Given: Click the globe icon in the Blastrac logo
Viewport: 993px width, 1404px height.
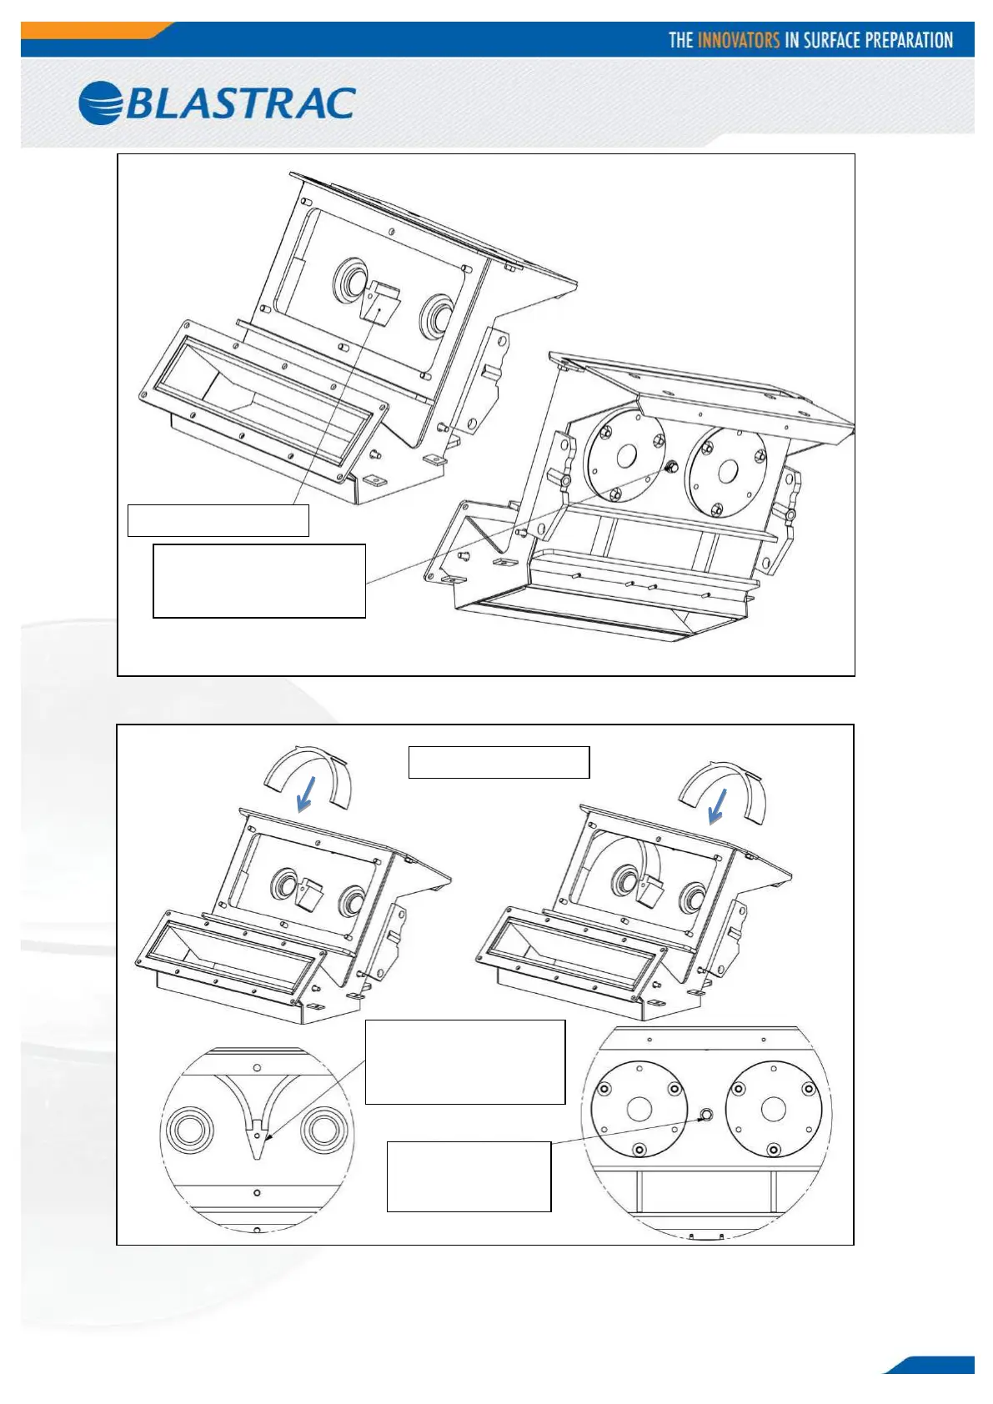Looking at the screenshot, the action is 101,103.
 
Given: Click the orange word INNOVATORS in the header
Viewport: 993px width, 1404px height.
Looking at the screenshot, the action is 738,40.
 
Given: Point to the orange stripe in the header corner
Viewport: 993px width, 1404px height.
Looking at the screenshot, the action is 92,30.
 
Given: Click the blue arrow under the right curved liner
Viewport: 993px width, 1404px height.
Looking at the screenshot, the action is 716,806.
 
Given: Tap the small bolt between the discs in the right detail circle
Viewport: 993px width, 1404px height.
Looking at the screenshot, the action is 706,1115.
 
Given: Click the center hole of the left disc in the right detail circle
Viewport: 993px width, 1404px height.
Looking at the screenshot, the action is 639,1109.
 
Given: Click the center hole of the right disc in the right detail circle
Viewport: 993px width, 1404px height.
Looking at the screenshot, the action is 773,1109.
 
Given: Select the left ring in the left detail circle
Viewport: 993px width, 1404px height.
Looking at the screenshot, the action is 189,1131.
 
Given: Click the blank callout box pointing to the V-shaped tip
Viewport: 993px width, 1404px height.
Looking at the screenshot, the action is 464,1061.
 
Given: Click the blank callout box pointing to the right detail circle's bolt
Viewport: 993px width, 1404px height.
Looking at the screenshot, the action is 469,1176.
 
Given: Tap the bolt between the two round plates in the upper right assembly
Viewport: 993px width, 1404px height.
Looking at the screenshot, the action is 670,469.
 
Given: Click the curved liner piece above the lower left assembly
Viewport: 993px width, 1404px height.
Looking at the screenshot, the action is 306,771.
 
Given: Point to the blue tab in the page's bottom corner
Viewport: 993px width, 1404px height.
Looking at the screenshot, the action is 934,1365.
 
